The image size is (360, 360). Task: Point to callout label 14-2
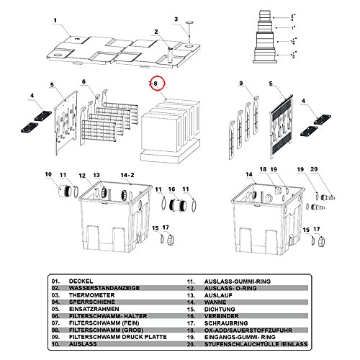pos(127,175)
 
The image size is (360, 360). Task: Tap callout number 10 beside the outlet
pos(49,175)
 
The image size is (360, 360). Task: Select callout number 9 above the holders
pos(240,85)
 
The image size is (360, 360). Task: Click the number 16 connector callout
pos(171,189)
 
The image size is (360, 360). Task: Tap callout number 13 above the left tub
pos(96,175)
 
